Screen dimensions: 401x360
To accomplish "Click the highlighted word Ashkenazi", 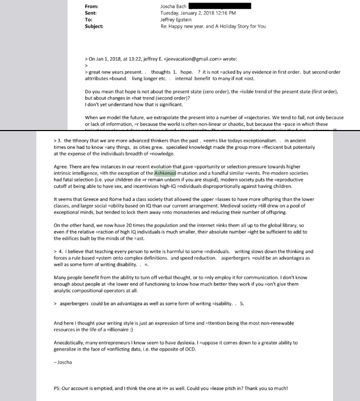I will pos(165,171).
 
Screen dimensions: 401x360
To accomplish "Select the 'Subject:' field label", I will pos(94,25).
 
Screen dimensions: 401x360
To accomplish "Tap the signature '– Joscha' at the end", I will pos(63,362).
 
